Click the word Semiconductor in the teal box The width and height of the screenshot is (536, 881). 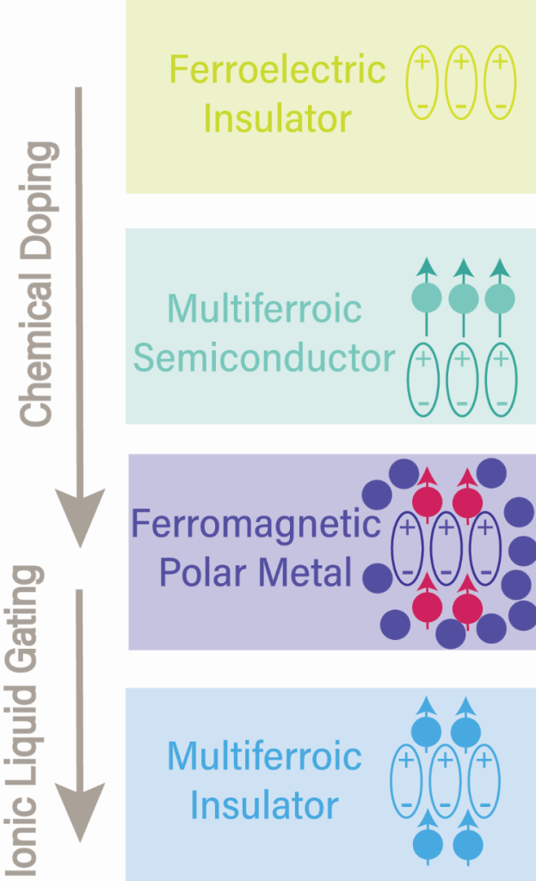coord(265,358)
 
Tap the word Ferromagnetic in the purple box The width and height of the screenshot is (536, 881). coord(255,523)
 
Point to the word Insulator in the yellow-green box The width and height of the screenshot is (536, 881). coord(278,118)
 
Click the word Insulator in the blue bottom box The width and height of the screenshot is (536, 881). coord(264,806)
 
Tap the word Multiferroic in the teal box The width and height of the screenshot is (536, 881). coord(265,309)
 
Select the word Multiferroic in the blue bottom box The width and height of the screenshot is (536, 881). coord(264,757)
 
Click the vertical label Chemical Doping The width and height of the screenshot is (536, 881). coord(36,284)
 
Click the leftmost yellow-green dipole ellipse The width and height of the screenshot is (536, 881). coord(422,82)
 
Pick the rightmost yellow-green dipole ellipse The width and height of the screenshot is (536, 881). coord(500,82)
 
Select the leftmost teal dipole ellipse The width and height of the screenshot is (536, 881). coord(422,379)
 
